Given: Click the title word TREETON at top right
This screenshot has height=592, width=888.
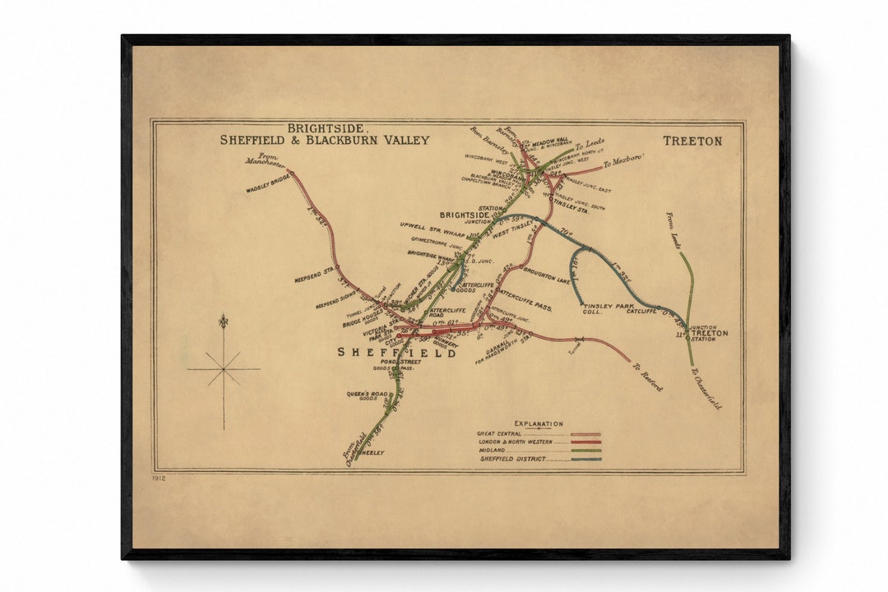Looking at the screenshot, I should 692,141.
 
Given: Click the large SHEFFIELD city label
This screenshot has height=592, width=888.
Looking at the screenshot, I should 396,352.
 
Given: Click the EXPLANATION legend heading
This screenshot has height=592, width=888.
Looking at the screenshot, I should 539,424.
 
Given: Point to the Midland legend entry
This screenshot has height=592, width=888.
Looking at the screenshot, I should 493,451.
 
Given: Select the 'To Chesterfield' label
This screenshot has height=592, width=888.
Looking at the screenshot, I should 705,388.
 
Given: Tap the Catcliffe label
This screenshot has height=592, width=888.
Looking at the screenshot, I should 641,311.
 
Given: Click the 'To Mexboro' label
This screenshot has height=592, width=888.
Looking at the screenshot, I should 623,160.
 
